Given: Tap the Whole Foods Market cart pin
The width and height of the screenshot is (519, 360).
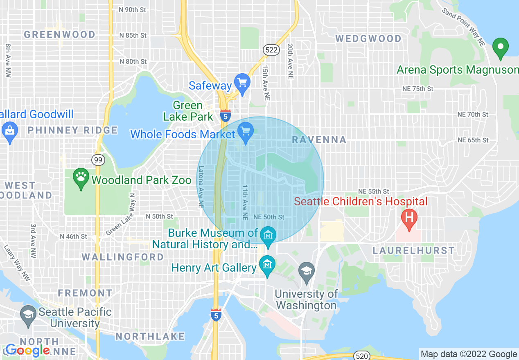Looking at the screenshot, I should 246,132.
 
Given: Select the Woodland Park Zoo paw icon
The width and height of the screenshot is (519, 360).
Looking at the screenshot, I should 81,178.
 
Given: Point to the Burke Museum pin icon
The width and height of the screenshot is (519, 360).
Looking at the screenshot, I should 268,236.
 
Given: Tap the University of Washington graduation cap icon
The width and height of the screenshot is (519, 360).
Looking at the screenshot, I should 307,271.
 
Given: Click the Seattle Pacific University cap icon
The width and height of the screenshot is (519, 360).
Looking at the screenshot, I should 28,315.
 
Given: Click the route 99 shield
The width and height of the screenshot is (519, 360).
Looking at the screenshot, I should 98,160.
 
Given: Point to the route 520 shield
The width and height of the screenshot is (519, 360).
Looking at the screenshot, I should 362,355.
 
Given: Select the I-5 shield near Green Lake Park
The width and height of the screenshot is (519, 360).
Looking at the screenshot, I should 225,116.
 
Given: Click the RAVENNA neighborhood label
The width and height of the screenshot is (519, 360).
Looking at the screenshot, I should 319,140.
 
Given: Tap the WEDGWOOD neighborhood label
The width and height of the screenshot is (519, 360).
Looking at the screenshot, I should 368,38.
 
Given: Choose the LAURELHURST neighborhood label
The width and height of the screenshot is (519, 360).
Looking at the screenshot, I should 413,250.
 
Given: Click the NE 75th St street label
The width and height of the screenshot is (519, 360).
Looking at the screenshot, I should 417,89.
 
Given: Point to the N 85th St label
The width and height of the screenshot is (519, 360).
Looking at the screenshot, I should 133,36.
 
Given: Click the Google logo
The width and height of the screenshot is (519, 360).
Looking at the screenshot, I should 27,350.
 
